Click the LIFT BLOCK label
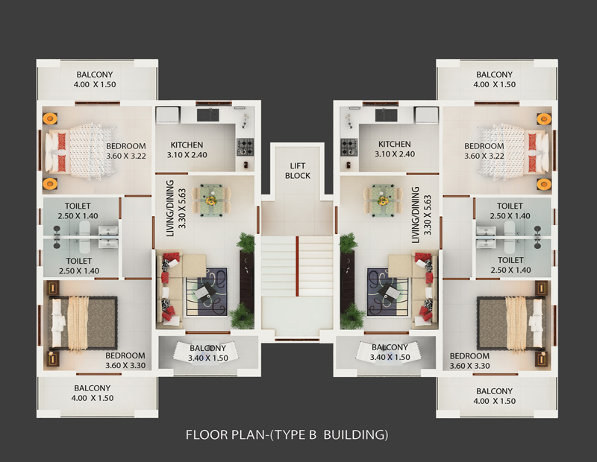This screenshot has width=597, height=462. click(297, 171)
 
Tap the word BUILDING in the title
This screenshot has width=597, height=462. click(356, 434)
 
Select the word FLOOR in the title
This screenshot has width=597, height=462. click(204, 434)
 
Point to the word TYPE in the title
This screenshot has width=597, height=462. click(295, 434)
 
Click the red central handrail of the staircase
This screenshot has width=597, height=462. click(297, 265)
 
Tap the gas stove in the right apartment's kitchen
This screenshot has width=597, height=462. click(349, 148)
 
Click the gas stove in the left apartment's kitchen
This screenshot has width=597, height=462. click(246, 147)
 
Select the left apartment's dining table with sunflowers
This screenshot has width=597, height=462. click(210, 200)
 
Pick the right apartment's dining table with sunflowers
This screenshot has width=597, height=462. click(383, 200)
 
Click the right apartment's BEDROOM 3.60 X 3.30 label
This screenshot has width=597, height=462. click(469, 361)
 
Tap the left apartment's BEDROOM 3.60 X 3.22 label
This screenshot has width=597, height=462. click(126, 151)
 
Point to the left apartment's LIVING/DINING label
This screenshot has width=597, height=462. click(176, 209)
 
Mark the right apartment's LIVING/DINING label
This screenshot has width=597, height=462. click(421, 215)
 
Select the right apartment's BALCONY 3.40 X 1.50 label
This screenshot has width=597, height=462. click(390, 352)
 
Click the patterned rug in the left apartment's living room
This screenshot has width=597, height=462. click(207, 291)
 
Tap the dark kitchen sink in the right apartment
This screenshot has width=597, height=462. click(386, 115)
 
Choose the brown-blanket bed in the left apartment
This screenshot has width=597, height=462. click(83, 323)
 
